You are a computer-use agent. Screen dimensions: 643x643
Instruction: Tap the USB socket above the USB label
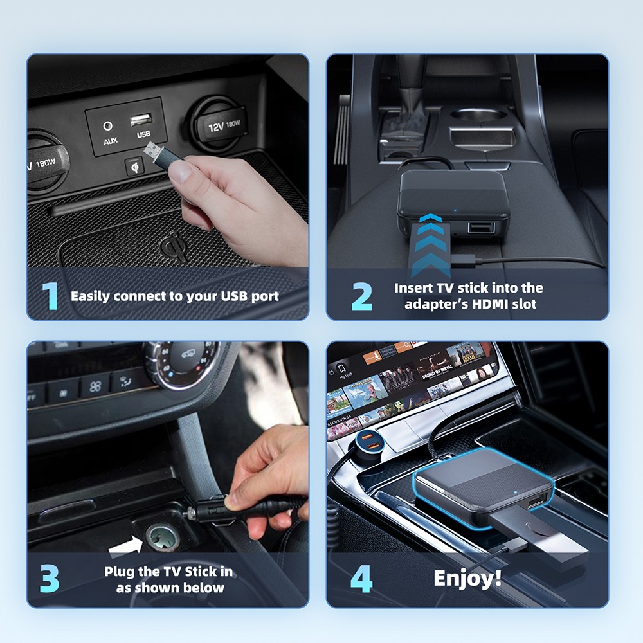tap(141, 120)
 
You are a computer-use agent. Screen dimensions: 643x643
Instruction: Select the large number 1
tap(50, 296)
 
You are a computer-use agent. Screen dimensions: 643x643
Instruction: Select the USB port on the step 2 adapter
tap(481, 227)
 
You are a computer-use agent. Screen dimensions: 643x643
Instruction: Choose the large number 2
tap(362, 296)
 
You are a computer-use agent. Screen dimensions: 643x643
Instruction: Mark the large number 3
tap(50, 579)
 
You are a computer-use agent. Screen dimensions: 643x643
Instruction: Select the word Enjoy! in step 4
tap(467, 578)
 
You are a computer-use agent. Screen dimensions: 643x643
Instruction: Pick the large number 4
tap(361, 579)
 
